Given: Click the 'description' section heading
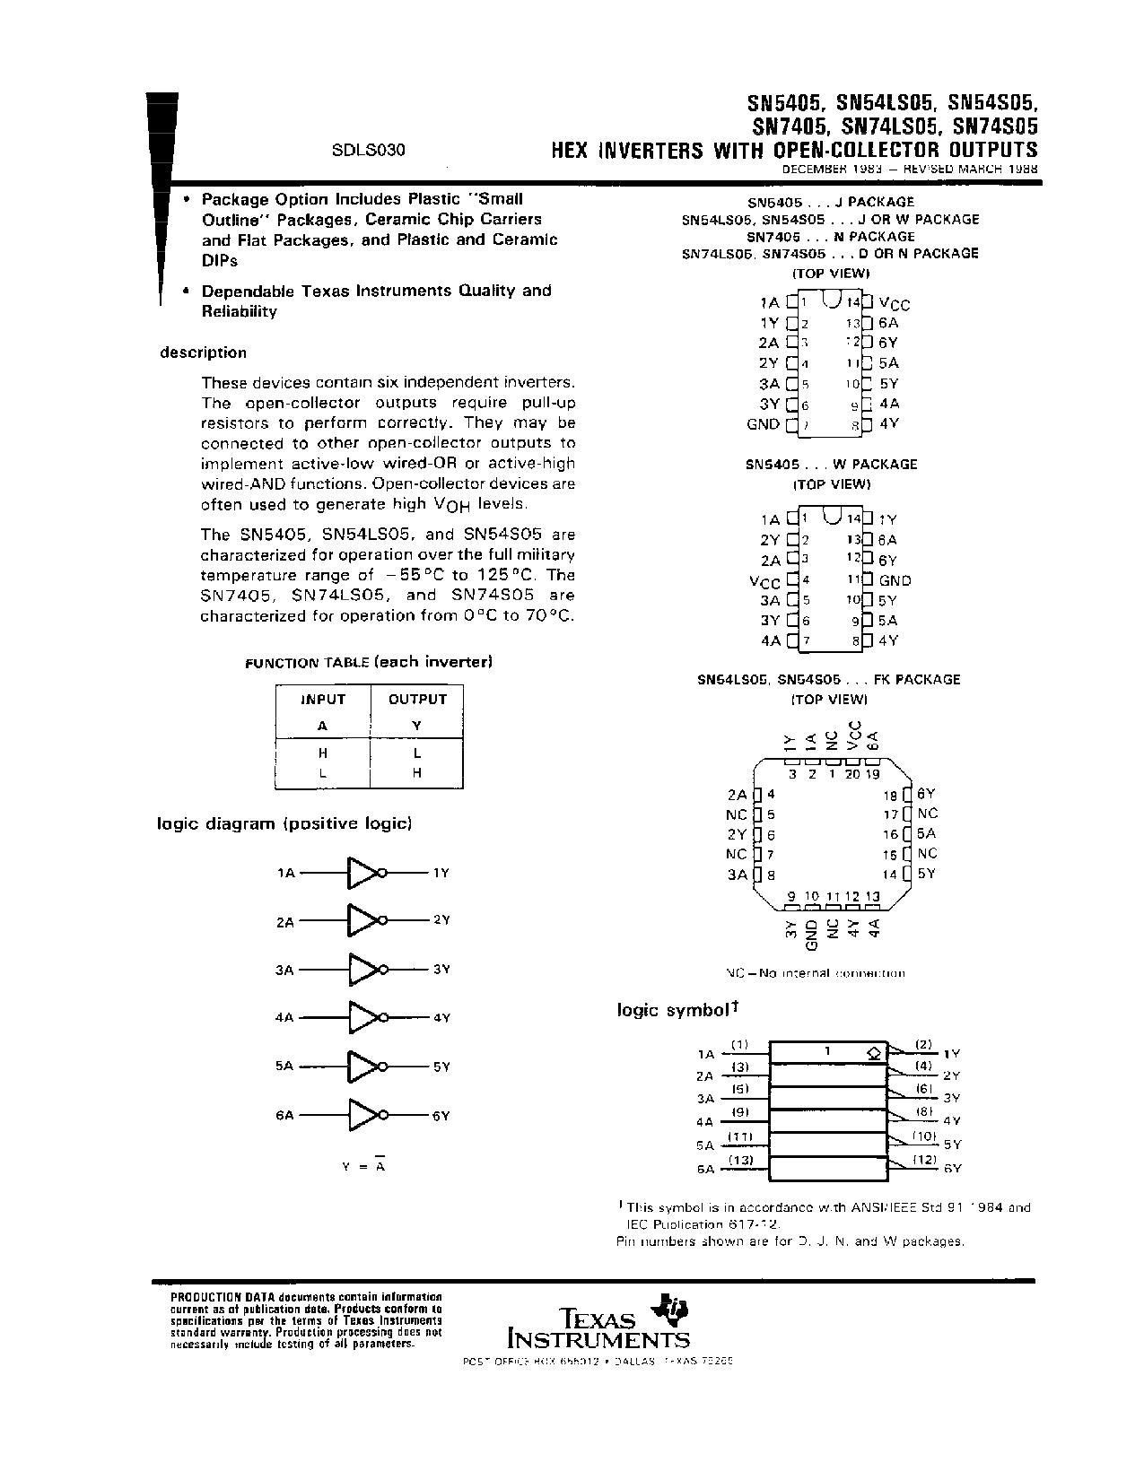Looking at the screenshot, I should [x=203, y=353].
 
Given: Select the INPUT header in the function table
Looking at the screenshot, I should [x=323, y=700].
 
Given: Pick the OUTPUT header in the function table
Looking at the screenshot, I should [x=417, y=700].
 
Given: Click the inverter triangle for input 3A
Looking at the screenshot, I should [x=363, y=970].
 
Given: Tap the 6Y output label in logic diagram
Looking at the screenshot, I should [x=441, y=1116].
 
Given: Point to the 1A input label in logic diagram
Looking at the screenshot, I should [x=285, y=872].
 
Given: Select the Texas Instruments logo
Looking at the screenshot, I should [x=599, y=1323].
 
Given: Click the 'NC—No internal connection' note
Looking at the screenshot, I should [x=815, y=973].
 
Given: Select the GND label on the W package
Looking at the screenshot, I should [x=895, y=580].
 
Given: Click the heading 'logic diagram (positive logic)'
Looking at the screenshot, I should [x=284, y=823].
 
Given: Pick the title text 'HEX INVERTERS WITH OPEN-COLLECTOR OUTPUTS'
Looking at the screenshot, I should [x=794, y=150].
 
